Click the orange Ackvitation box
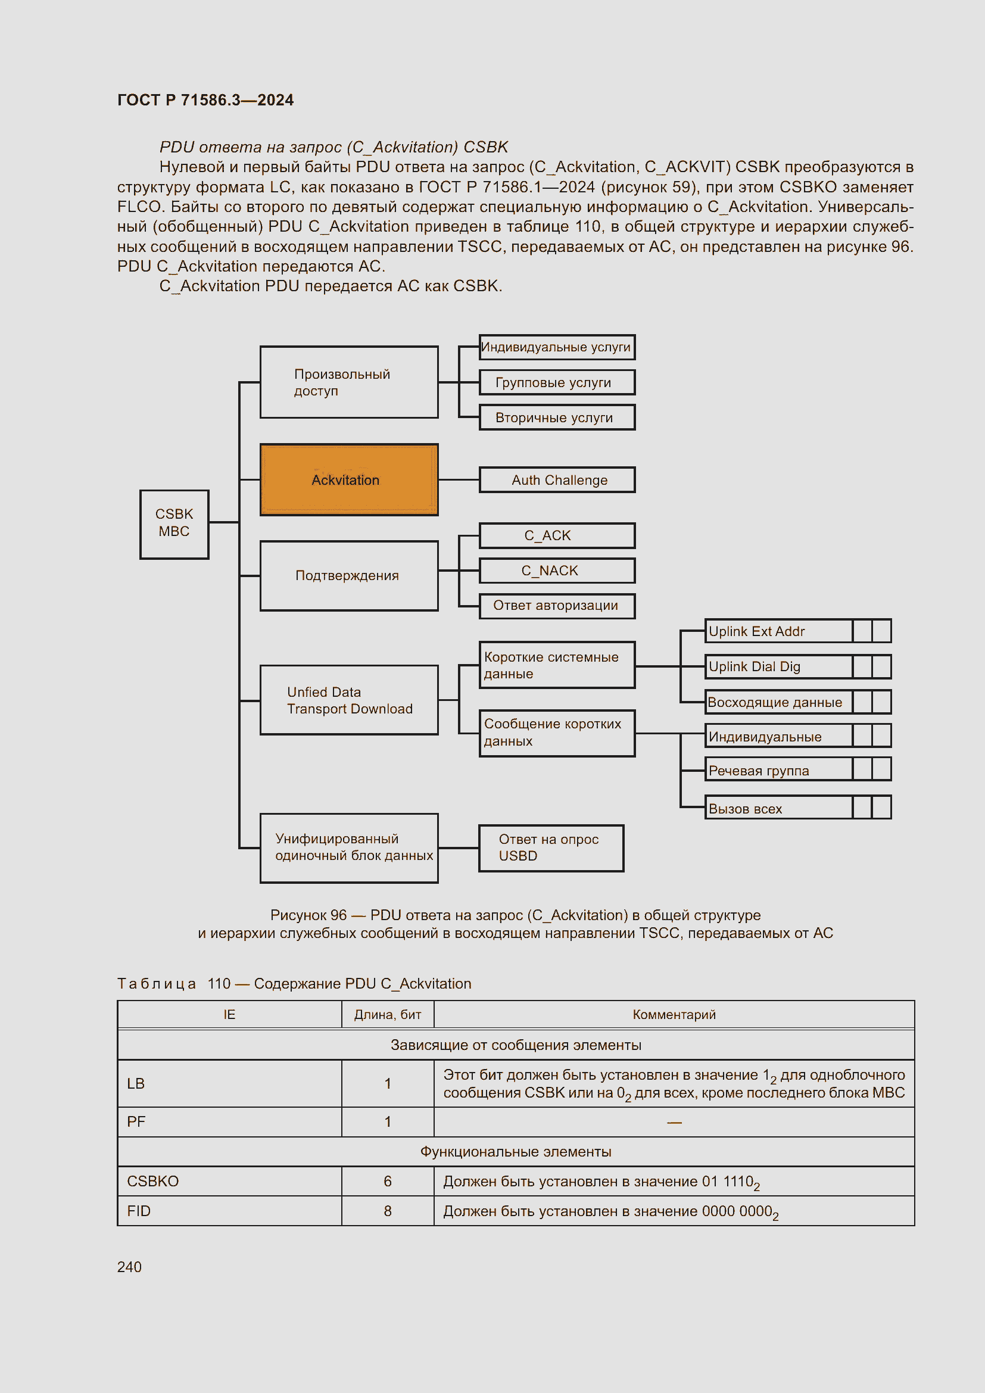click(x=349, y=480)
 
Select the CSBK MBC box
click(x=174, y=524)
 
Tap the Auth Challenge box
click(x=557, y=480)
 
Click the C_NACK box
click(x=557, y=571)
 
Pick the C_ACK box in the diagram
click(x=557, y=536)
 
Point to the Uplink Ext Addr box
click(x=778, y=631)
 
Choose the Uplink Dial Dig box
click(x=778, y=666)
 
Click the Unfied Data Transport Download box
click(x=349, y=700)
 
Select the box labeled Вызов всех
click(x=778, y=808)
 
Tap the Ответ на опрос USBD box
click(x=551, y=847)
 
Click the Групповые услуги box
click(x=557, y=382)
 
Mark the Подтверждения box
click(x=349, y=575)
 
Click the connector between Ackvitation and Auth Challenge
click(x=459, y=480)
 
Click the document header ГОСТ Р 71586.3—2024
click(x=205, y=100)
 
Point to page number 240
click(x=129, y=1267)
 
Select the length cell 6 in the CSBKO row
click(x=388, y=1181)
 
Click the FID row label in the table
click(x=139, y=1211)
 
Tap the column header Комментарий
click(x=674, y=1014)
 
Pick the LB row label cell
click(x=136, y=1083)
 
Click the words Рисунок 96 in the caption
click(x=308, y=915)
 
